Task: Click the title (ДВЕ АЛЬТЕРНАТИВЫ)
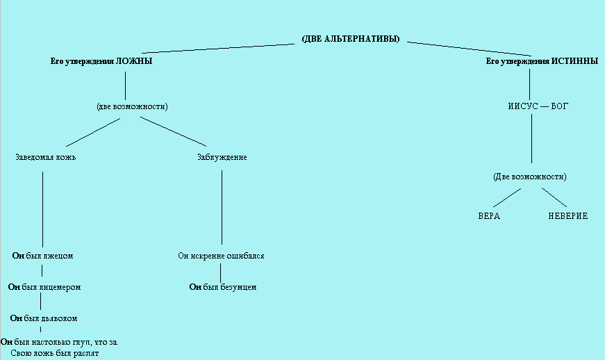pyautogui.click(x=351, y=39)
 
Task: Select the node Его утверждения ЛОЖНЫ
pyautogui.click(x=101, y=61)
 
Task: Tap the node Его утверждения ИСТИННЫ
pyautogui.click(x=542, y=61)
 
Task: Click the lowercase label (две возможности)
pyautogui.click(x=133, y=106)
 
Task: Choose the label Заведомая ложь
pyautogui.click(x=45, y=157)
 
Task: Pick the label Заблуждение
pyautogui.click(x=222, y=157)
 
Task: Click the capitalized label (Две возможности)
pyautogui.click(x=530, y=177)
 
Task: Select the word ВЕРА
pyautogui.click(x=489, y=216)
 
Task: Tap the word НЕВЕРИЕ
pyautogui.click(x=567, y=216)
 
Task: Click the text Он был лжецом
pyautogui.click(x=43, y=256)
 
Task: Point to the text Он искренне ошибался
pyautogui.click(x=221, y=256)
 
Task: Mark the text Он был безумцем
pyautogui.click(x=223, y=286)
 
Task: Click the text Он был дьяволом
pyautogui.click(x=43, y=318)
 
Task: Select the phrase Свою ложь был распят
pyautogui.click(x=59, y=354)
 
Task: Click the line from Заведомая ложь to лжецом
pyautogui.click(x=42, y=208)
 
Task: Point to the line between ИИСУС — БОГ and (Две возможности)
pyautogui.click(x=531, y=139)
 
